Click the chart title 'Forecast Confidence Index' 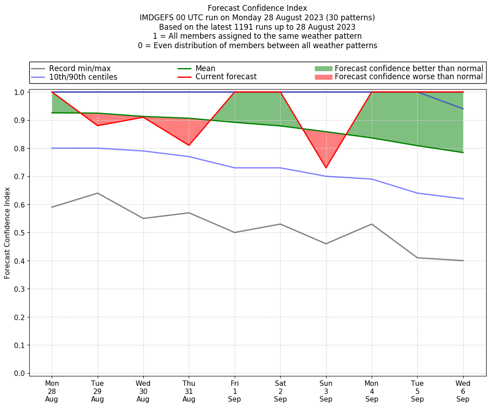[257, 8]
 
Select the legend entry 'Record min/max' [80, 68]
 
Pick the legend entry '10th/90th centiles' [83, 77]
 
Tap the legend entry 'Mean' [205, 68]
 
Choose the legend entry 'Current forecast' [226, 77]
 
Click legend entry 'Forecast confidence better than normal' [409, 68]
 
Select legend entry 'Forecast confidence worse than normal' [409, 77]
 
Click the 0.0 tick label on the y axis [20, 373]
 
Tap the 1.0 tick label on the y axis [20, 92]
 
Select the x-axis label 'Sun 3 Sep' [326, 391]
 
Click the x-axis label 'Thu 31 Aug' [189, 391]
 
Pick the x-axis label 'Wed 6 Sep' [463, 391]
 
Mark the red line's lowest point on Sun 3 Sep [326, 168]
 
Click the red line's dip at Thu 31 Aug [189, 145]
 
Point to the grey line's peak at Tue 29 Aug [97, 193]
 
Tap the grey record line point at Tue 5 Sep [417, 258]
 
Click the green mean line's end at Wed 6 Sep [463, 153]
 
